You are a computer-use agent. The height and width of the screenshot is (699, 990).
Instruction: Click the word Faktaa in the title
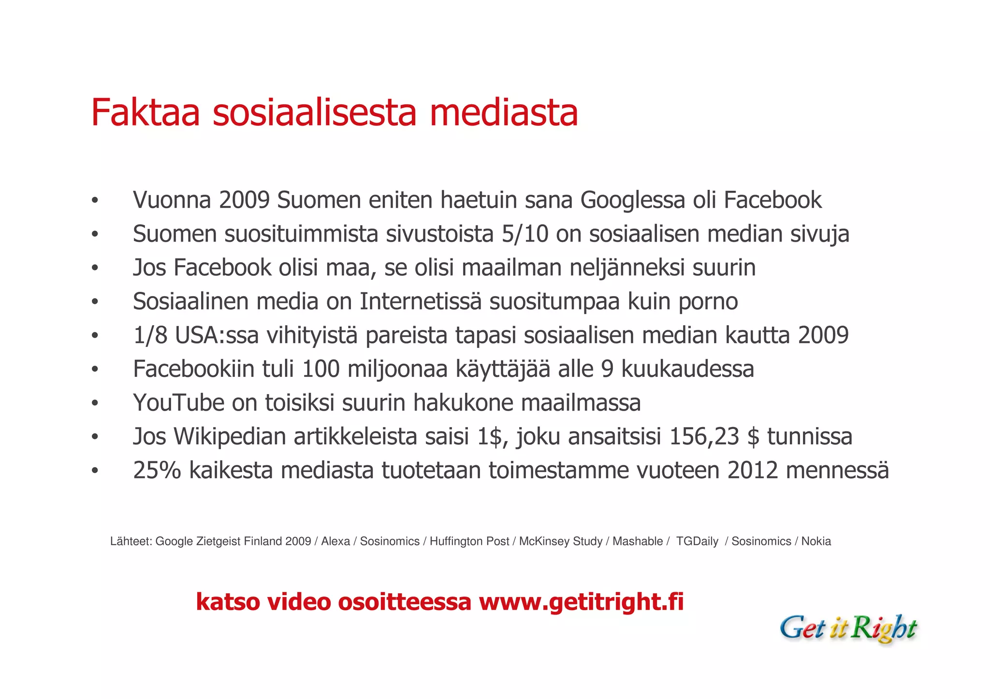tap(145, 113)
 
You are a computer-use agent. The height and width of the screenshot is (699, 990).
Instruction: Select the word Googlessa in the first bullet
tap(632, 200)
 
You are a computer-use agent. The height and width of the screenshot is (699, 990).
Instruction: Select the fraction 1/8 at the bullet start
tap(150, 335)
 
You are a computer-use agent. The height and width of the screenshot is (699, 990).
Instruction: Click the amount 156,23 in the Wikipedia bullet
tap(704, 436)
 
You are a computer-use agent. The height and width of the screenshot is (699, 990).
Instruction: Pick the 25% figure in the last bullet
tap(157, 470)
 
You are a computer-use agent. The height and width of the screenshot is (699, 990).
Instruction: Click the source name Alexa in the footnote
tap(335, 542)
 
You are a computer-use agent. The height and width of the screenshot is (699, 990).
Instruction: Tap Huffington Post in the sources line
tap(469, 542)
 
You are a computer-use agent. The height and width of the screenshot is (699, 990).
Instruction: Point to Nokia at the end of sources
tap(816, 542)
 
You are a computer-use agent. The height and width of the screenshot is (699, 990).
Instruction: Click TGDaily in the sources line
tap(697, 542)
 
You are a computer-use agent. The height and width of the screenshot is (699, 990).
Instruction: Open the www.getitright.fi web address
tap(581, 602)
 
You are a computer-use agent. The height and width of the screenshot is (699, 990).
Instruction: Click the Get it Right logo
tap(848, 628)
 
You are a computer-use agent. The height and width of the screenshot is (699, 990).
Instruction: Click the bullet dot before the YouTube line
tap(95, 403)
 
